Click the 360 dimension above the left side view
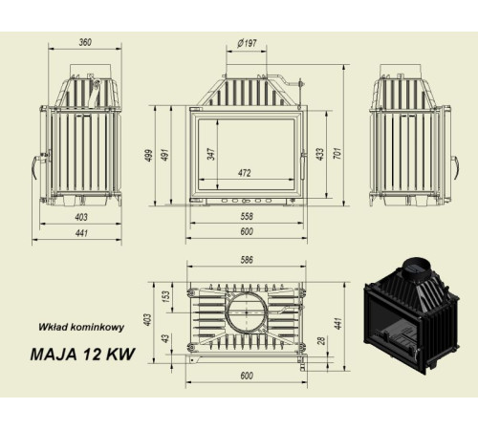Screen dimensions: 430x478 click(85, 43)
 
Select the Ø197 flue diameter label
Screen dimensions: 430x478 click(248, 43)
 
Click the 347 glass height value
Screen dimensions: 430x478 click(209, 153)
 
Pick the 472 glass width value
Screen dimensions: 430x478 click(245, 173)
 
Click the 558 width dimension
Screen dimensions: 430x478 click(247, 217)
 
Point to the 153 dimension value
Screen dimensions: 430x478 click(165, 299)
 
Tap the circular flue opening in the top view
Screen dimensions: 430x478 click(247, 312)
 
